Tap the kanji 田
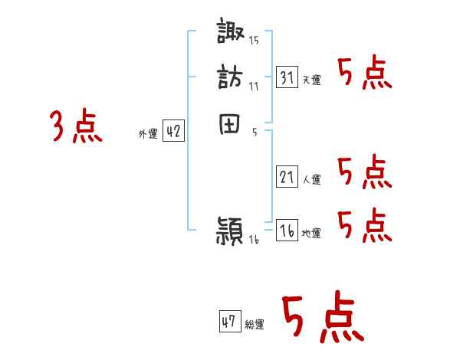point(232,125)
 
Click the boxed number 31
point(287,77)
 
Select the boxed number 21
point(287,177)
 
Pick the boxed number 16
point(287,230)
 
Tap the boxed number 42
point(173,132)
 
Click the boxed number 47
point(229,322)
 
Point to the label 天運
point(312,80)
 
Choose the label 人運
point(312,180)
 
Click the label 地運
point(312,234)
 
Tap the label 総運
point(255,325)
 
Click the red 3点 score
point(76,126)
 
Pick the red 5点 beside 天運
point(365,74)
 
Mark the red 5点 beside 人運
point(365,172)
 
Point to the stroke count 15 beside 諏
point(254,39)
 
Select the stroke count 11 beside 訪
point(254,86)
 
